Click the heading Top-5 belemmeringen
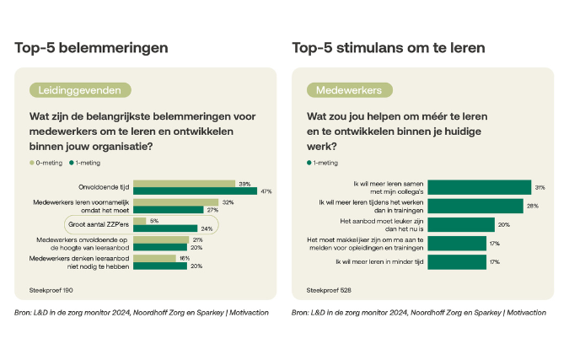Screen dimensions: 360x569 coord(91,47)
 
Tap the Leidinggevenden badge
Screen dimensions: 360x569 coord(80,89)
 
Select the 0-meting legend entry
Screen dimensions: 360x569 coord(46,162)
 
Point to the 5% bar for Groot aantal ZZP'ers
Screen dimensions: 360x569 coord(140,221)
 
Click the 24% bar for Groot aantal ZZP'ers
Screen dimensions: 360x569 coord(164,228)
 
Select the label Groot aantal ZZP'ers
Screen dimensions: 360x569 coord(99,224)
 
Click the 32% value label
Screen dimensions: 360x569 coord(227,202)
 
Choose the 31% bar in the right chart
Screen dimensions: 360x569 coord(480,187)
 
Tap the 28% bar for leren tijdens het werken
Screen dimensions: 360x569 coord(475,206)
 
